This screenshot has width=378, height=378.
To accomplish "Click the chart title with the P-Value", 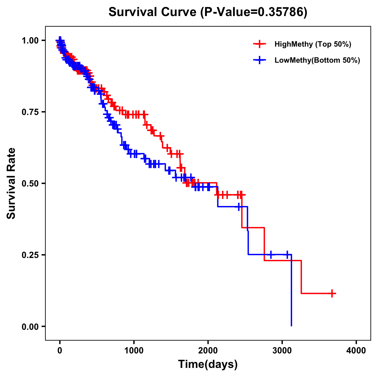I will point(208,12).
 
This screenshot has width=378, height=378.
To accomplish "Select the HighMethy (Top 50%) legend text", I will point(313,44).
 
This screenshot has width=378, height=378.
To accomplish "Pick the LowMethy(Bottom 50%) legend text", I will point(317,60).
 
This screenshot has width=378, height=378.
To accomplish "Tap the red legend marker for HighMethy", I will point(260,44).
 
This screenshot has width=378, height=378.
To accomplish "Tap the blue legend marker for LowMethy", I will point(260,60).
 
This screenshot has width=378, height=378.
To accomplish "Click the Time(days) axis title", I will point(208,364).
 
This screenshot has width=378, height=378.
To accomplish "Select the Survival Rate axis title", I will point(11,183).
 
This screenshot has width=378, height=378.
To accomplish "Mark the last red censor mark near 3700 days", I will point(332,293).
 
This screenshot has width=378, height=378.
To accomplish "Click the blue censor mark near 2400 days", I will point(239,207).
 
